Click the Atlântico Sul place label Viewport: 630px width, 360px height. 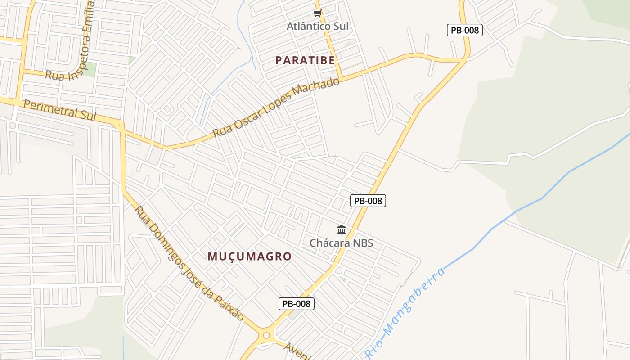(318, 26)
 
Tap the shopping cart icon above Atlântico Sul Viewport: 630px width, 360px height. (318, 13)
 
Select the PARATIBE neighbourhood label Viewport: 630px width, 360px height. (305, 60)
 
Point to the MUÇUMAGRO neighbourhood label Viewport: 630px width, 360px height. (249, 256)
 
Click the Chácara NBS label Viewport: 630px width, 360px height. (341, 243)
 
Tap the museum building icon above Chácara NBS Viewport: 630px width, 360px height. (342, 230)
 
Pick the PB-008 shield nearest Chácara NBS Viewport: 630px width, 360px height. (368, 201)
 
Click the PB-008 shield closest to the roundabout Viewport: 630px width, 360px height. (296, 304)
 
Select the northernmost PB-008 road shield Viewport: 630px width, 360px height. (464, 30)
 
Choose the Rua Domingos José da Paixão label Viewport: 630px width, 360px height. (189, 263)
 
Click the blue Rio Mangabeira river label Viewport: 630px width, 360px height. (405, 313)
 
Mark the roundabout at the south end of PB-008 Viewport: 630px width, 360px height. (266, 335)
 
